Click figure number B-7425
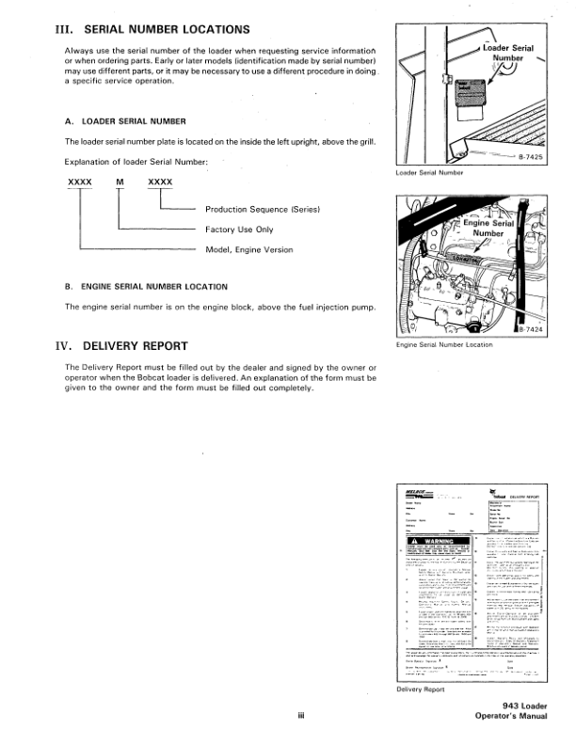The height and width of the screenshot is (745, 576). click(534, 158)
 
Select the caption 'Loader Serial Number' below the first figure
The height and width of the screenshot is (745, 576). click(431, 173)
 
